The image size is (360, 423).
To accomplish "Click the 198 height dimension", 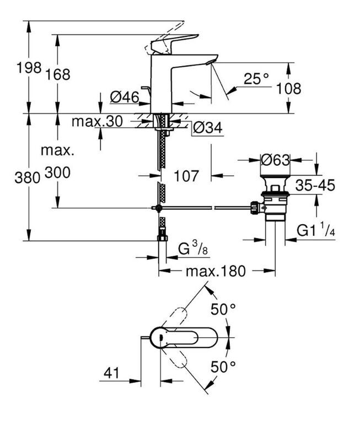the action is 29,67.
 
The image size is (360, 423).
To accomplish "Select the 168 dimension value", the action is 57,74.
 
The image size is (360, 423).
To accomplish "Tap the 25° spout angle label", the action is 256,79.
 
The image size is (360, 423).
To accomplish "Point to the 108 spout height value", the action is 288,89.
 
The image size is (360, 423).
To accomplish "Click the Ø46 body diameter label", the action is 125,97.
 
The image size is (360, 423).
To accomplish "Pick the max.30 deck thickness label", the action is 97,121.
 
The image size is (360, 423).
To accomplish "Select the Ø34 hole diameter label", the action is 208,128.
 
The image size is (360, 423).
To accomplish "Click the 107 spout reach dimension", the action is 186,176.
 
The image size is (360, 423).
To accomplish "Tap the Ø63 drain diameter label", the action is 275,160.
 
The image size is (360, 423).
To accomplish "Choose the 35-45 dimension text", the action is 315,185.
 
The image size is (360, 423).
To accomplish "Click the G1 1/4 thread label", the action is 316,230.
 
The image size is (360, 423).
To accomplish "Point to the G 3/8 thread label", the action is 193,248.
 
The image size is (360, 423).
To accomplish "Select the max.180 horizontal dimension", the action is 216,271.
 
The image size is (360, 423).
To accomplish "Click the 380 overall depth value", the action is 27,178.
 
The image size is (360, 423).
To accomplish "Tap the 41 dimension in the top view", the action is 111,373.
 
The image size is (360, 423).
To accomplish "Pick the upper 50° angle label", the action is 223,309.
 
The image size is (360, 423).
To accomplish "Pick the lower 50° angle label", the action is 223,366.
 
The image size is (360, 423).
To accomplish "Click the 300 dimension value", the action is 57,172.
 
